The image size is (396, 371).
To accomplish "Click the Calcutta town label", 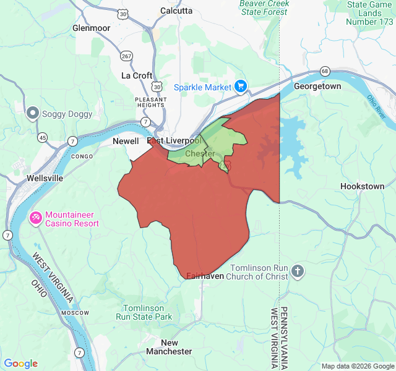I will [x=176, y=11].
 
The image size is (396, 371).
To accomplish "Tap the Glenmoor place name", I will [x=91, y=28].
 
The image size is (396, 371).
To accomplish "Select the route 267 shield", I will [x=127, y=56].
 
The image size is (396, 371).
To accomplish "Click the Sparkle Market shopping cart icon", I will [x=241, y=87].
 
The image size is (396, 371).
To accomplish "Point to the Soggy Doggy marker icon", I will [x=33, y=113].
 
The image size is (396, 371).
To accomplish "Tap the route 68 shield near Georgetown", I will [x=325, y=71].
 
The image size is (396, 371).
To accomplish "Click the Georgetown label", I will [x=317, y=87].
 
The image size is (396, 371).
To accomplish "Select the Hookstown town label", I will [x=362, y=186].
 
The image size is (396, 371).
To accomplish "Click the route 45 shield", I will [x=42, y=137].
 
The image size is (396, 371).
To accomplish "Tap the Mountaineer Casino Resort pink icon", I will [x=36, y=217].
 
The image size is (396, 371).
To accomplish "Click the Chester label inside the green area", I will [x=200, y=153].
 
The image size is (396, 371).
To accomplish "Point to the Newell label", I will [x=126, y=141].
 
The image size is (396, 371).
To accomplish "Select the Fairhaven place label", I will [x=205, y=276].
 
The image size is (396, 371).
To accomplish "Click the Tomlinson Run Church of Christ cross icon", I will [x=298, y=271].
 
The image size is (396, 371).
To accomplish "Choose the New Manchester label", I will [x=169, y=347].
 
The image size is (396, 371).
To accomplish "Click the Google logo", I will [x=20, y=364].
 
